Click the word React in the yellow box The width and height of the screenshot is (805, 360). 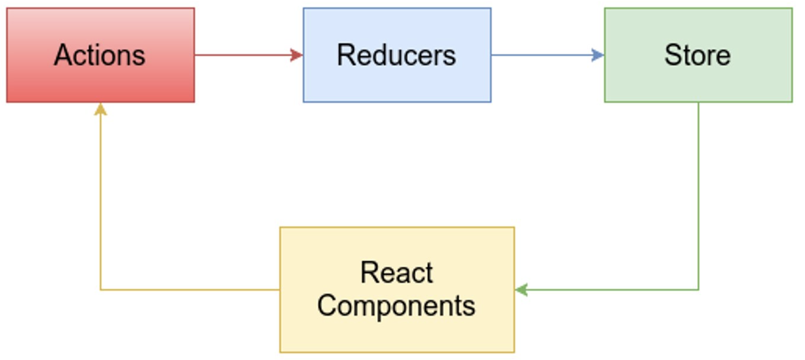coord(397,273)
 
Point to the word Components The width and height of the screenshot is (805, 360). coord(396,306)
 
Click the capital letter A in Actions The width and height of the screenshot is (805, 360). coord(62,56)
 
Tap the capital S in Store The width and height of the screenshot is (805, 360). coord(673,56)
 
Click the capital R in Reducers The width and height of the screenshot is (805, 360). coord(346,56)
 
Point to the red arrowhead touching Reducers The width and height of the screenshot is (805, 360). coord(297,55)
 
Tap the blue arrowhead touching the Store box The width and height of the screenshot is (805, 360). coord(598,55)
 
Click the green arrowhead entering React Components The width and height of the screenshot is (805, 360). coord(521,290)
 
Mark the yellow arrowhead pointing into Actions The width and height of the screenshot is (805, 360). coord(101,109)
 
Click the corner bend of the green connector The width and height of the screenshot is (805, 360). coord(698,290)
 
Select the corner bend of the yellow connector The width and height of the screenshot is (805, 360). coord(101,290)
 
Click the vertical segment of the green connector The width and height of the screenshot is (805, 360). coord(698,195)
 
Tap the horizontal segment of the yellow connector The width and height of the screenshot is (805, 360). coord(189,290)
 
